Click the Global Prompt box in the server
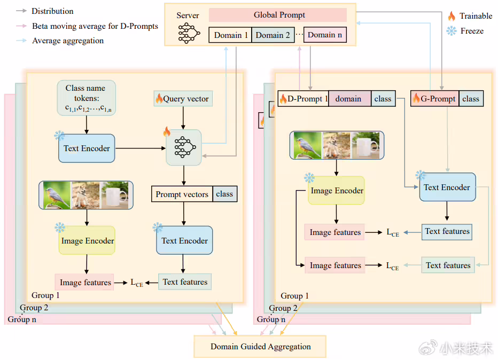pos(277,15)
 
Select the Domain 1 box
pos(230,35)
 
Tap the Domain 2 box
pos(273,35)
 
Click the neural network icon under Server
pos(188,33)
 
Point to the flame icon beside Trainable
pos(452,16)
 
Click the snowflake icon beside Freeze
pos(452,31)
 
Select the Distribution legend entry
pos(52,11)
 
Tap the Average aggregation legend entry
pos(67,41)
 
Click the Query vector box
pos(183,98)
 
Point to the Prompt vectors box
pos(182,194)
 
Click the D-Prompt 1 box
pos(303,99)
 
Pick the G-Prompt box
pos(434,99)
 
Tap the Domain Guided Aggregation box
pos(260,347)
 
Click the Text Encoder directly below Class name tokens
pos(87,148)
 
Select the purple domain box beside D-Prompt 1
pos(348,99)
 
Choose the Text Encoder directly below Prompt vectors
pos(184,241)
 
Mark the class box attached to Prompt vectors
pos(224,194)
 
